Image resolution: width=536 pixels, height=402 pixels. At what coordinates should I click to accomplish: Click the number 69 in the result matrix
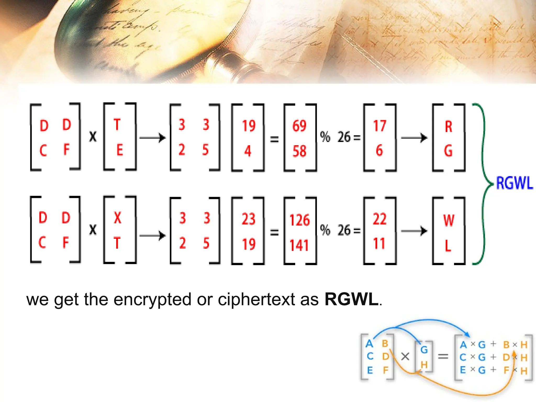[x=299, y=126]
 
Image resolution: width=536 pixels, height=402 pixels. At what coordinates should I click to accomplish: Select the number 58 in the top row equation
[x=299, y=151]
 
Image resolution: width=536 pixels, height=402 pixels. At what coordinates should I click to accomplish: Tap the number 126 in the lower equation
[x=299, y=220]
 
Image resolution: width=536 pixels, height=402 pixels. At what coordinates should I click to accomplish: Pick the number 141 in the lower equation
[x=299, y=245]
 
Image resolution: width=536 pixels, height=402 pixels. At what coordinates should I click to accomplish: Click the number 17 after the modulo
[x=379, y=126]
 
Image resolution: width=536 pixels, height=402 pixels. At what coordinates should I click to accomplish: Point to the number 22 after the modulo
[x=379, y=219]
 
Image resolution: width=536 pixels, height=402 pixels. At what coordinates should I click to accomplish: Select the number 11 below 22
[x=379, y=243]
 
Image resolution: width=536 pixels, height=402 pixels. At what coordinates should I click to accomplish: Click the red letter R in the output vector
[x=449, y=127]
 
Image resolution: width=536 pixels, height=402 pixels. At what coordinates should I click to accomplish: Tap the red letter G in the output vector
[x=448, y=151]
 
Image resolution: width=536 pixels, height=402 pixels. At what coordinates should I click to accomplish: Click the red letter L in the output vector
[x=448, y=245]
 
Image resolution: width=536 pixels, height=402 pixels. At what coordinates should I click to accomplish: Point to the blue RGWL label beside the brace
[x=514, y=183]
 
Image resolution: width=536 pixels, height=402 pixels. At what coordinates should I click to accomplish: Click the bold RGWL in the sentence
[x=351, y=299]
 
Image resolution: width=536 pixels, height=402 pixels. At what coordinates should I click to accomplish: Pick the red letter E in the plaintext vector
[x=119, y=150]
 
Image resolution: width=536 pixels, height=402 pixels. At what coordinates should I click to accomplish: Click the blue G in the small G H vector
[x=424, y=350]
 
